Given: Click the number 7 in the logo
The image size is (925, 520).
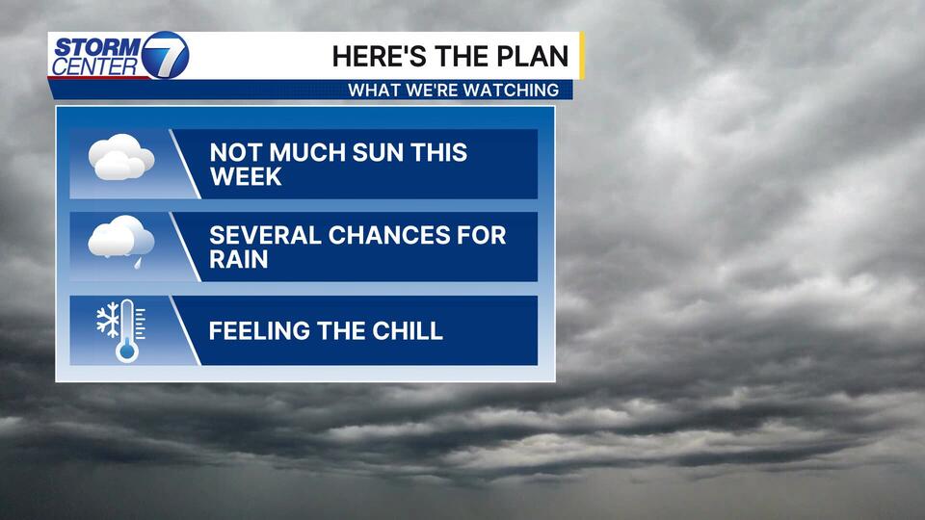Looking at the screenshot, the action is point(165,56).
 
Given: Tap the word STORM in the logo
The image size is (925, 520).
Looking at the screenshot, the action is point(96,46).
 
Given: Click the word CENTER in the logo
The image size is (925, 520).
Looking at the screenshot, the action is point(95,66).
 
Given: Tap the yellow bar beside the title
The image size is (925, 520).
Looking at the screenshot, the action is point(582,56).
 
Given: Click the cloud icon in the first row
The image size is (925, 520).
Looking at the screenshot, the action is point(121,157).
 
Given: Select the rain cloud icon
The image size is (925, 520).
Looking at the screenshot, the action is point(121,238).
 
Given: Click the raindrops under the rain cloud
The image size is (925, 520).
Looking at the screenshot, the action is point(139,262).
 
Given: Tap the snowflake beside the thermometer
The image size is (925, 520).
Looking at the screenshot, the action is point(108,321).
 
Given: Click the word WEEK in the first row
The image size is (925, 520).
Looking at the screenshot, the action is point(246,177).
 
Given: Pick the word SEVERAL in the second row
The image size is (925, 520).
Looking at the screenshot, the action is point(265,235).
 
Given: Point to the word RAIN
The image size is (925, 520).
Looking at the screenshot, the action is point(238,259).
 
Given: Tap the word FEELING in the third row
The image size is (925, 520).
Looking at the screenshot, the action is point(259,330).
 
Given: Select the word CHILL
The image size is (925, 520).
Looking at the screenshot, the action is point(407,330).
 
